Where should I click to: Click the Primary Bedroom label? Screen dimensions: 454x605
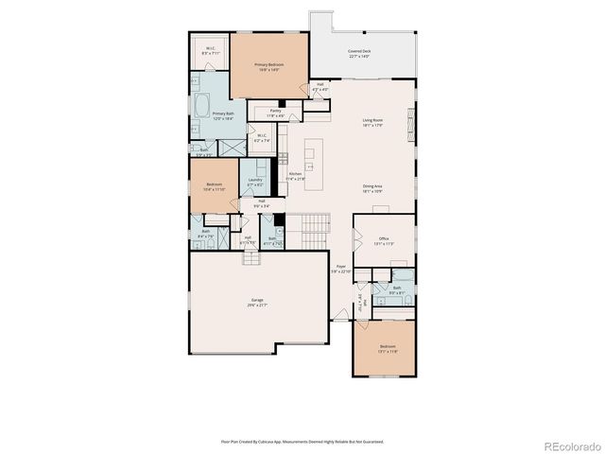[x=269, y=66]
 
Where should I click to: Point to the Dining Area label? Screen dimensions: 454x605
[x=372, y=188]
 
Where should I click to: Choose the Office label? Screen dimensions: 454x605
[x=384, y=240]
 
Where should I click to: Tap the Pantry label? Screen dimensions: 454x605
[x=275, y=113]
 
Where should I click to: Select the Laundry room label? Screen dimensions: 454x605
[x=255, y=182]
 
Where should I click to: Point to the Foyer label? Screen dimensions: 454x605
[x=340, y=270]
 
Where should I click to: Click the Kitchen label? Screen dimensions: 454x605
[x=295, y=176]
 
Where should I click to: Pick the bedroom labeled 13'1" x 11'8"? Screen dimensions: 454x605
[x=389, y=349]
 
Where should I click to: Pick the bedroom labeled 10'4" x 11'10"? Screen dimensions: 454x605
[x=215, y=187]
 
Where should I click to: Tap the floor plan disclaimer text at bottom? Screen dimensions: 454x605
[x=302, y=441]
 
